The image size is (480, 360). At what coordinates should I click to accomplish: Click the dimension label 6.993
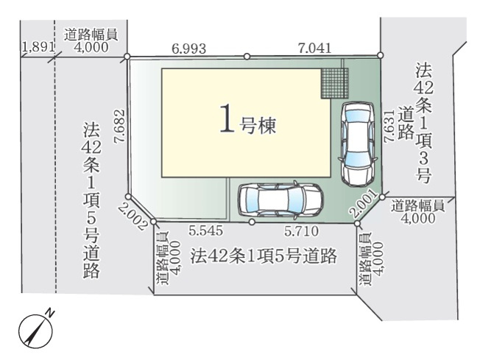tap(188, 49)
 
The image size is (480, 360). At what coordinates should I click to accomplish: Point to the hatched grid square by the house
tap(331, 82)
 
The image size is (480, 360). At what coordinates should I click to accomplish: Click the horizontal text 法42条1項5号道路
tap(263, 257)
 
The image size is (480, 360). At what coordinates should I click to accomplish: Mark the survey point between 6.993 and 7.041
tap(247, 56)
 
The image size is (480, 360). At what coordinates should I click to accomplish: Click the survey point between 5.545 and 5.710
tap(252, 221)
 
